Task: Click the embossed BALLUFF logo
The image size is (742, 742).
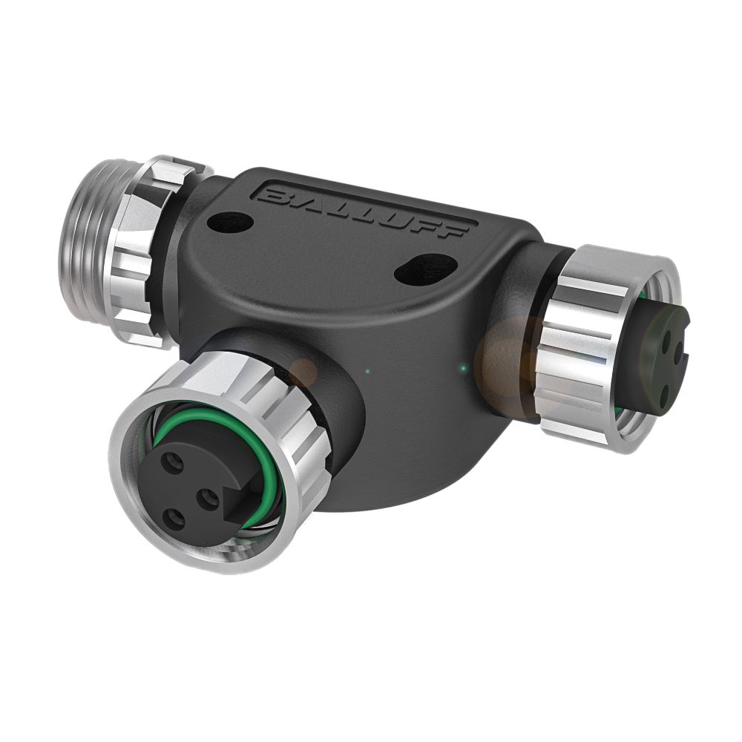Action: click(364, 211)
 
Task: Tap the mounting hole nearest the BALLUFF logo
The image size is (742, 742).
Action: click(229, 220)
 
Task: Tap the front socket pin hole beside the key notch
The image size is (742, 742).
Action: click(207, 499)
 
